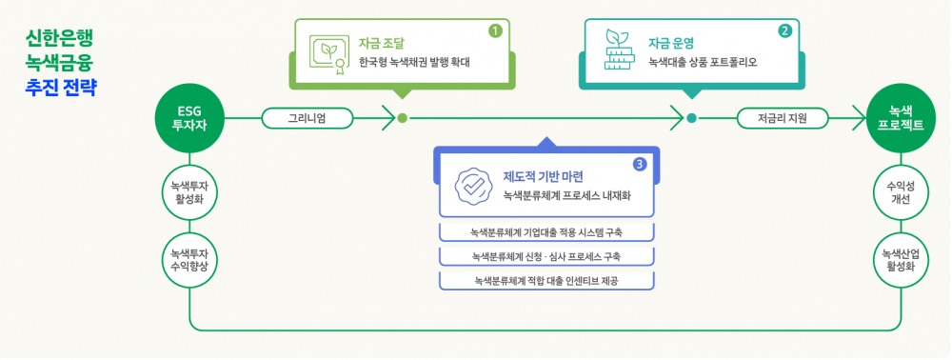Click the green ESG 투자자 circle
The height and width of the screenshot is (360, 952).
[189, 118]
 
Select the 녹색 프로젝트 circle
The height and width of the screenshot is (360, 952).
[901, 118]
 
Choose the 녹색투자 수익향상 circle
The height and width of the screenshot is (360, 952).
[189, 259]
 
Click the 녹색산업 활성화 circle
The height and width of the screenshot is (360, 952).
[901, 259]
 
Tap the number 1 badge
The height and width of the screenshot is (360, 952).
[495, 30]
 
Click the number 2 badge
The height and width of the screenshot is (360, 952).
[784, 30]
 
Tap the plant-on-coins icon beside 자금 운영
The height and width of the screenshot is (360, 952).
[616, 52]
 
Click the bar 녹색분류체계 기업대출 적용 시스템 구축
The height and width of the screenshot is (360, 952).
[548, 232]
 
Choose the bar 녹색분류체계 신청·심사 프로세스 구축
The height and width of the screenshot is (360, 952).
[548, 256]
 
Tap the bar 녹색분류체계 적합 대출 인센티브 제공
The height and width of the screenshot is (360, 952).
[548, 280]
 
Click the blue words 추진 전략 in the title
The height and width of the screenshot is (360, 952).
[62, 88]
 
